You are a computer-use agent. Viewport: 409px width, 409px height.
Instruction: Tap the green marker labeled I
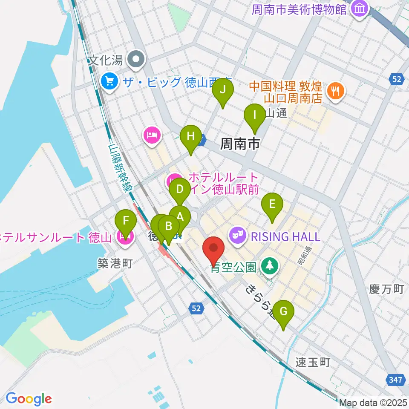click(x=255, y=116)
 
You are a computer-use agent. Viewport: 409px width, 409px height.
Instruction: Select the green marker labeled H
click(x=190, y=138)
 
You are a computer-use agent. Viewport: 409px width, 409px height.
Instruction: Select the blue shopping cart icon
click(x=109, y=81)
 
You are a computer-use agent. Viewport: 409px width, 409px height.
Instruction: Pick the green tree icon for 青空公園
click(x=269, y=267)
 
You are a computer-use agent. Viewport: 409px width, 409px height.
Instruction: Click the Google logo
click(x=29, y=399)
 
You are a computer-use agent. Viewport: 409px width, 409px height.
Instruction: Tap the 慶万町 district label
click(x=386, y=290)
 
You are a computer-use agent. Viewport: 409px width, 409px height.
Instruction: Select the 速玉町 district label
click(x=313, y=363)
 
